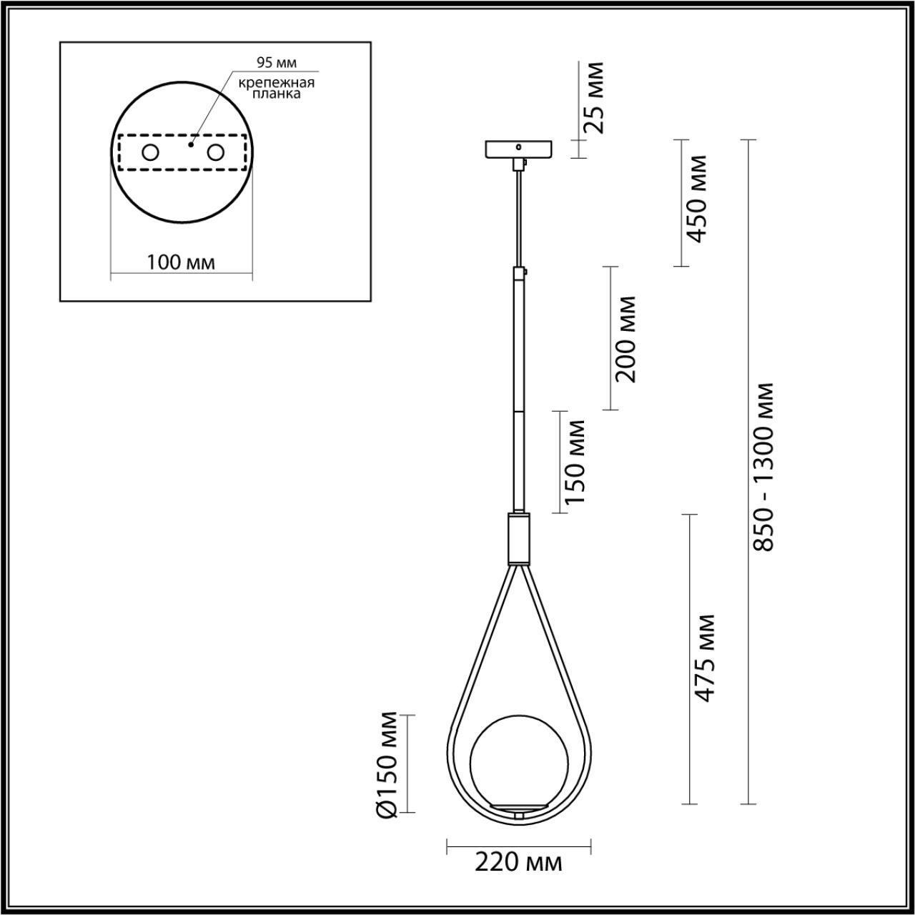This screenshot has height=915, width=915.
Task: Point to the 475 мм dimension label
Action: pyautogui.click(x=705, y=658)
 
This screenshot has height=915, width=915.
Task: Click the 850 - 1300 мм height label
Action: pyautogui.click(x=764, y=466)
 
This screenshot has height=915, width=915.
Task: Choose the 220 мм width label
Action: pyautogui.click(x=519, y=862)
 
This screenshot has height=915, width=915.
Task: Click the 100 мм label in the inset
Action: pyautogui.click(x=180, y=262)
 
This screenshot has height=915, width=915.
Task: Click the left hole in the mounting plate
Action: pyautogui.click(x=151, y=152)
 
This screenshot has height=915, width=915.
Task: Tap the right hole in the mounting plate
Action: pyautogui.click(x=215, y=152)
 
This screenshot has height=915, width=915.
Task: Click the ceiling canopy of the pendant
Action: pyautogui.click(x=519, y=149)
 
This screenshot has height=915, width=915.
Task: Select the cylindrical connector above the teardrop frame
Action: pyautogui.click(x=519, y=538)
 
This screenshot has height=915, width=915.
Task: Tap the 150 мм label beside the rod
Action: pyautogui.click(x=575, y=462)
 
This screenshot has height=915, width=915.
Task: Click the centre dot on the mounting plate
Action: pyautogui.click(x=189, y=144)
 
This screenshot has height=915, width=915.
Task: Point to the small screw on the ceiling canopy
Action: pyautogui.click(x=520, y=146)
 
